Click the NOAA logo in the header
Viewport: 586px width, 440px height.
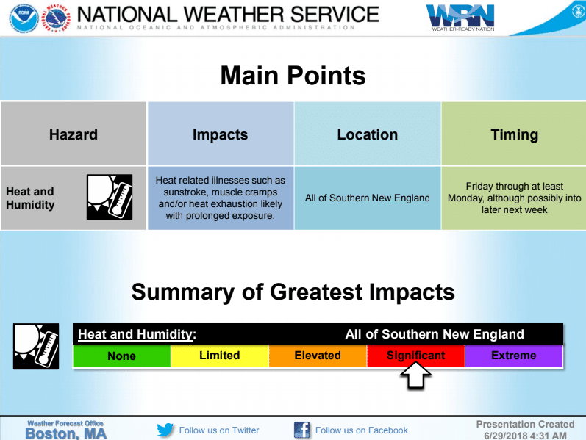24,18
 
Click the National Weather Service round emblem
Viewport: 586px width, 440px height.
56,18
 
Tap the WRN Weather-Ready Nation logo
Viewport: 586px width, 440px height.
460,18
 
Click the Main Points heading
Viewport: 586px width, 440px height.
293,76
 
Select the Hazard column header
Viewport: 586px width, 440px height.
74,134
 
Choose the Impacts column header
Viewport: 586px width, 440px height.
221,134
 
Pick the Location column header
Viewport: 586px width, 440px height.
368,134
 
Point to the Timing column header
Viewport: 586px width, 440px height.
514,134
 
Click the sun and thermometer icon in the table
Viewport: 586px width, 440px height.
110,197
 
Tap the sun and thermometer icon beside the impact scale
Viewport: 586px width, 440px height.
36,346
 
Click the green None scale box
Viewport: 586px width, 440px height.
122,356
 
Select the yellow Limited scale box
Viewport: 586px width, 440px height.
220,356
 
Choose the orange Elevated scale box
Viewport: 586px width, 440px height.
318,356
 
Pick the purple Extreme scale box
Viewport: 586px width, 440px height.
514,356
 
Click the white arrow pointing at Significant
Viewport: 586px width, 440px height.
415,375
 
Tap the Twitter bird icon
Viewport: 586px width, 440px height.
165,430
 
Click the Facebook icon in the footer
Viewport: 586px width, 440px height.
302,430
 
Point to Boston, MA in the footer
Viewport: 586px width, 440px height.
66,433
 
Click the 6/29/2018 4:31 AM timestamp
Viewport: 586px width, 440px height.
525,436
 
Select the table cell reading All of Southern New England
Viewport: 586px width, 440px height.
368,198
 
